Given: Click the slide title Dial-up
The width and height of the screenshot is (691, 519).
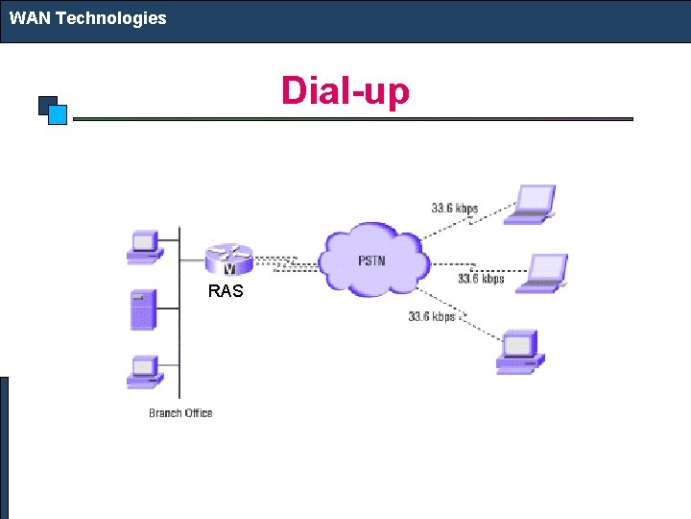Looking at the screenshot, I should tap(345, 91).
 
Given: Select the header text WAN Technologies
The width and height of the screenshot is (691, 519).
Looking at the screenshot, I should tap(88, 18).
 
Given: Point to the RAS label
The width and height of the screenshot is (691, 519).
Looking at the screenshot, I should tap(226, 290).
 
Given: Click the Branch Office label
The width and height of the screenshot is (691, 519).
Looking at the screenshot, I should tap(180, 413).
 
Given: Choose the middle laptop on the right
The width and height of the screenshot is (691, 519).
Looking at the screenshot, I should tap(543, 273).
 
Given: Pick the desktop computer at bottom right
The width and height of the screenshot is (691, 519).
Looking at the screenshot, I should tap(519, 351).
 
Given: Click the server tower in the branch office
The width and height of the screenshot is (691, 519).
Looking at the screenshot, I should tap(143, 310).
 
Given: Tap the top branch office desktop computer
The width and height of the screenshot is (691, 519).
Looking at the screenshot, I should tap(144, 246).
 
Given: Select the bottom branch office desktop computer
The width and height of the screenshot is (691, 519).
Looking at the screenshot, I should tap(144, 372).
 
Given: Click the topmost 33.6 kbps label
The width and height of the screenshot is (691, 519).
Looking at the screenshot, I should tap(454, 208).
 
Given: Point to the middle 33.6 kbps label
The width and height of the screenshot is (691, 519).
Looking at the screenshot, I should tap(480, 279).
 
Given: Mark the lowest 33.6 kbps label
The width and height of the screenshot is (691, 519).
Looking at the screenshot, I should tap(431, 316).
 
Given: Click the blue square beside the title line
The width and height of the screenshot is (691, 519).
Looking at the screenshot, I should tap(57, 115).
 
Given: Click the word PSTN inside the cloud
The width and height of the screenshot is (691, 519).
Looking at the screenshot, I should tap(371, 261).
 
